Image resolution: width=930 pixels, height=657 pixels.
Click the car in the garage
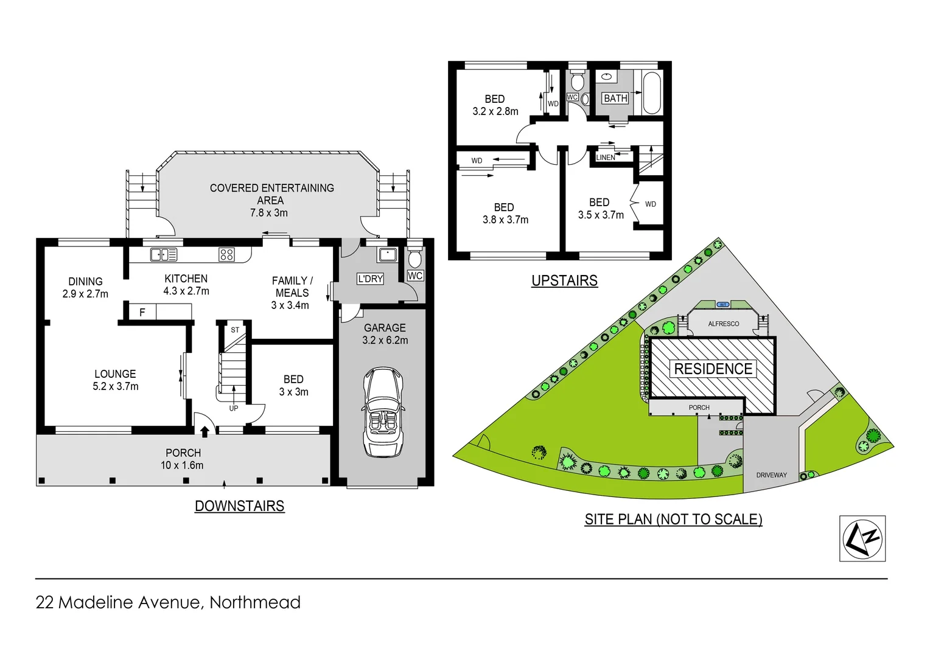click(x=383, y=412)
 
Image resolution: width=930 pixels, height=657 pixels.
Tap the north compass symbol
click(x=862, y=538)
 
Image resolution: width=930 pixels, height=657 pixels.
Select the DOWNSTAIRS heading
click(x=239, y=506)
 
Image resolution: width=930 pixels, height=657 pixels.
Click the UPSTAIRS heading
click(x=564, y=280)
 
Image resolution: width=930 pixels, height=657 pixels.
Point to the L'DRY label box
click(x=370, y=279)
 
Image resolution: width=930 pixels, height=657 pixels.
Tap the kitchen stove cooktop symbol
click(x=226, y=254)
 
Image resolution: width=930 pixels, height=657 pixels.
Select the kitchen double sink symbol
click(x=164, y=254)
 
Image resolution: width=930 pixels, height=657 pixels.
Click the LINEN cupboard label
click(x=606, y=158)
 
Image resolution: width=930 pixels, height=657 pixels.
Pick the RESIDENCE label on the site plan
click(x=713, y=369)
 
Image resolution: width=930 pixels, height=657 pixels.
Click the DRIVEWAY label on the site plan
click(x=771, y=475)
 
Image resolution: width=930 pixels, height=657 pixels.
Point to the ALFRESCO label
click(x=723, y=324)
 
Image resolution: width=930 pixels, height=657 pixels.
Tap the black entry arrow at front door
click(x=205, y=431)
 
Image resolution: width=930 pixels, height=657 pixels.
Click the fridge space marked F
click(x=142, y=312)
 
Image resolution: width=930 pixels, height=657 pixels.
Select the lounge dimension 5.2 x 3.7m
click(x=116, y=386)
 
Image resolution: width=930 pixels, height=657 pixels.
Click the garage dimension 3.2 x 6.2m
click(x=385, y=340)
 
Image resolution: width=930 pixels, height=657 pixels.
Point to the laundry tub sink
click(x=387, y=254)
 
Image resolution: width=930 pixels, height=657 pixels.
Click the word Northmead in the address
click(x=255, y=602)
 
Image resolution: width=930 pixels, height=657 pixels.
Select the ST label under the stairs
click(x=235, y=330)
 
